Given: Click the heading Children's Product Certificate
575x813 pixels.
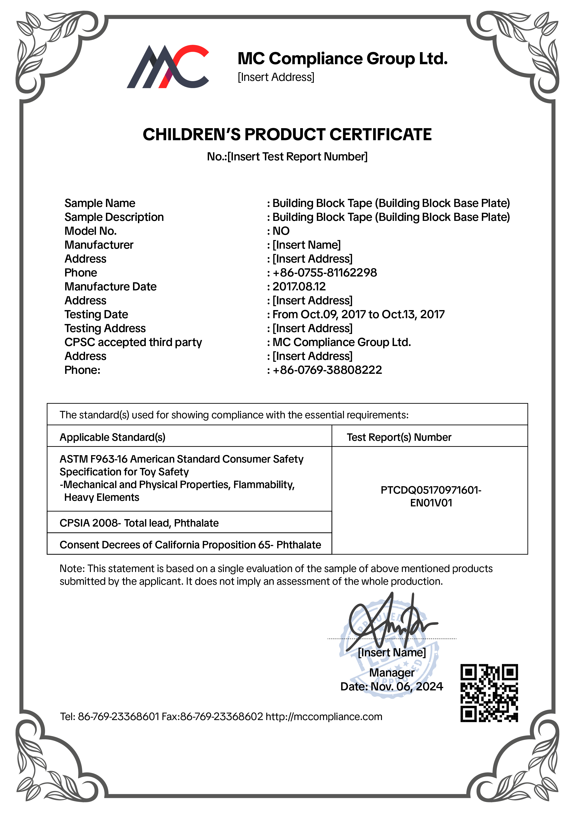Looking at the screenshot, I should point(287,135).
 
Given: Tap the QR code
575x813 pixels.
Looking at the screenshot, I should point(489,693).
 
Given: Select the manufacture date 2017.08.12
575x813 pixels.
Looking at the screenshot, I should point(299,286).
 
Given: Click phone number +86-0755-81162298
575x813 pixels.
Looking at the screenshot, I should point(325,273).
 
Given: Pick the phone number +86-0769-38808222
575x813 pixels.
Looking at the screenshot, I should point(327,370).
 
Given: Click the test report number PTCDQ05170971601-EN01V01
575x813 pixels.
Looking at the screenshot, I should point(431,496).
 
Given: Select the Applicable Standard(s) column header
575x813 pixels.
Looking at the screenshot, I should point(113,437).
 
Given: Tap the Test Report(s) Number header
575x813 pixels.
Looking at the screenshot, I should point(399,437).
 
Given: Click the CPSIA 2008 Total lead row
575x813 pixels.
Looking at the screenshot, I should point(139,523).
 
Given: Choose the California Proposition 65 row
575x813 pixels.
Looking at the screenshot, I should point(190,545).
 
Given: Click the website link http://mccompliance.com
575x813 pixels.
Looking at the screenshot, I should point(324,716).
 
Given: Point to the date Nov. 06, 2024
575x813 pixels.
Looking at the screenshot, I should point(407,687).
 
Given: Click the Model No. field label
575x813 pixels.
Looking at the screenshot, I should point(91,231).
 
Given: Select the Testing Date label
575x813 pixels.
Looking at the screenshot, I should point(96,314).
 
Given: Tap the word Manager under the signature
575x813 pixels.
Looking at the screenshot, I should point(392,672).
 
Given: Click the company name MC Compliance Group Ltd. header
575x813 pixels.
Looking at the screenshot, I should point(342,59).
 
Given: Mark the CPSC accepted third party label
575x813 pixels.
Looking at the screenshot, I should point(133,342).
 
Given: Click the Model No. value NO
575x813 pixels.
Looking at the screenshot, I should point(281,231).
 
